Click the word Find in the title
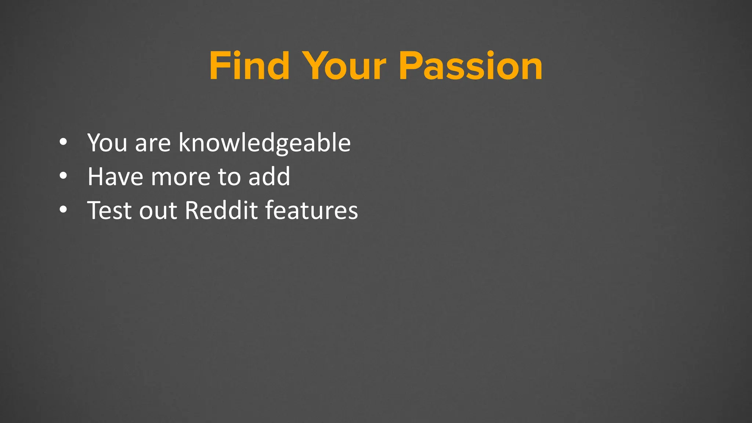tap(249, 66)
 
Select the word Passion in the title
tap(470, 66)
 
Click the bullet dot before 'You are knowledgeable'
tap(63, 142)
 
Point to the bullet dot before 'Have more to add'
tap(63, 176)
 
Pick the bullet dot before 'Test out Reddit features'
tap(63, 210)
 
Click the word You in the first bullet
tap(107, 142)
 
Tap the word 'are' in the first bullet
tap(153, 144)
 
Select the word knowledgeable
tap(264, 143)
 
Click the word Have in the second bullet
tap(115, 177)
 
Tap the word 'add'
tap(269, 177)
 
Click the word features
tap(311, 210)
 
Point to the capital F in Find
tap(220, 66)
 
